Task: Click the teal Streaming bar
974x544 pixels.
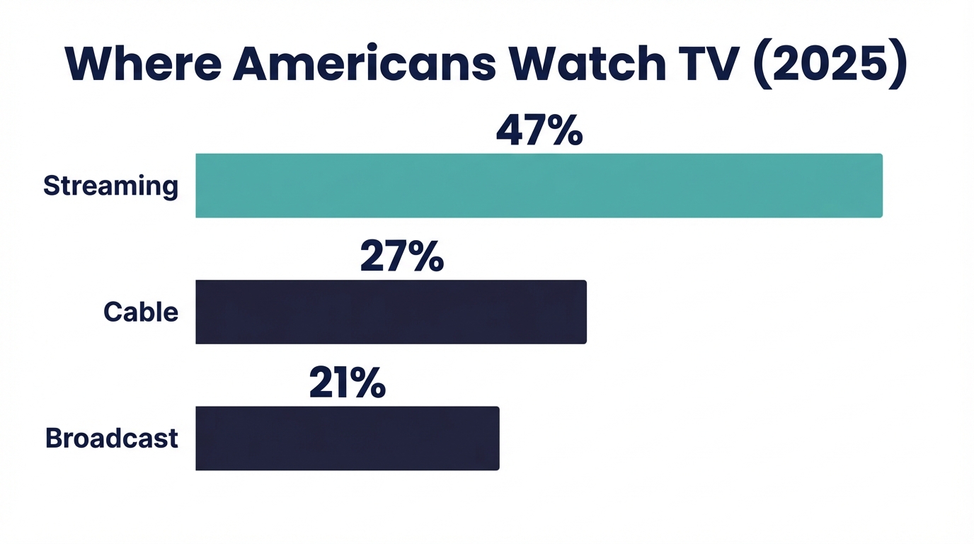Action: (x=539, y=186)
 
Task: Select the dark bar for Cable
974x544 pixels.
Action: (x=391, y=312)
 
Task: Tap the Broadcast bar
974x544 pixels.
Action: (x=347, y=438)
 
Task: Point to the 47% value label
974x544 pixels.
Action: (x=539, y=131)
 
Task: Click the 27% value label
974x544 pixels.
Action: (x=401, y=257)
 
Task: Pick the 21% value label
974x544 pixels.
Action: (x=348, y=383)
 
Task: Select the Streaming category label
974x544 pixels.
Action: (x=110, y=186)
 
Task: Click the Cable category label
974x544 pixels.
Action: (x=141, y=312)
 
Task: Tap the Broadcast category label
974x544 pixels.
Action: (x=111, y=438)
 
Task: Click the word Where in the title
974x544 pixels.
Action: (x=142, y=63)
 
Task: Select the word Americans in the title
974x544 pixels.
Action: (x=364, y=63)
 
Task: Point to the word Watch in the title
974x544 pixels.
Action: (x=588, y=63)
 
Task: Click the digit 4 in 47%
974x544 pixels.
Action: (x=510, y=131)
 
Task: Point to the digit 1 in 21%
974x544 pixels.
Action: (x=341, y=383)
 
